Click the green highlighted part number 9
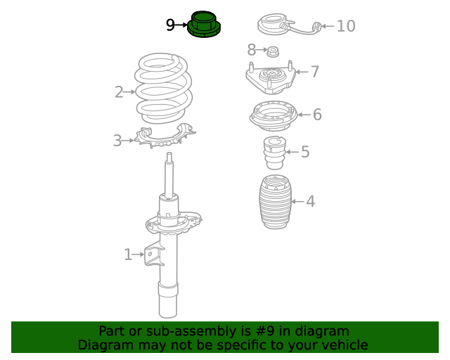coord(205,25)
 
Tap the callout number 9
coord(171,25)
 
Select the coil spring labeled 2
coord(163,90)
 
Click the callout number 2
coord(120,91)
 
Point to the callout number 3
coord(117,141)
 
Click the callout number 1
coord(128,255)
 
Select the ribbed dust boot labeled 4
coord(271,202)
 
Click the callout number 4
coord(310,202)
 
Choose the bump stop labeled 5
coord(274,154)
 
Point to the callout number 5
coord(305,152)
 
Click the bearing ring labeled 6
coord(272,117)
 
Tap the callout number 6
coord(317,114)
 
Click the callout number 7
coord(315,71)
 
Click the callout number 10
coord(346,27)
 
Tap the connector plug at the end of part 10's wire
coord(317,27)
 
